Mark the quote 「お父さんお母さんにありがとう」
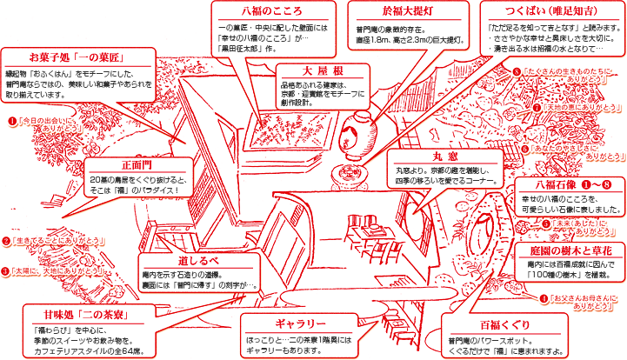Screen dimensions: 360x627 (585, 303)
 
